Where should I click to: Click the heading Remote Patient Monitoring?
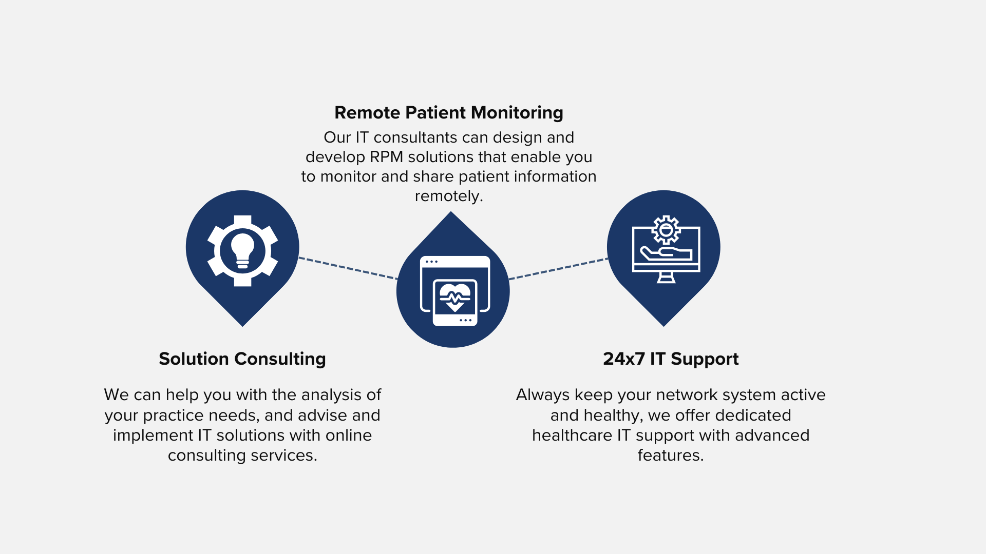(x=449, y=113)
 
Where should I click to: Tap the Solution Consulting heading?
(x=242, y=359)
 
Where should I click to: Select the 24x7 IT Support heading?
(x=671, y=359)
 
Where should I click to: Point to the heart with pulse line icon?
(x=455, y=296)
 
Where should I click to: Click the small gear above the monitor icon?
(x=666, y=230)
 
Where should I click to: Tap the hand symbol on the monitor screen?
(x=666, y=253)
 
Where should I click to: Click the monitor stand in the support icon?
(x=666, y=277)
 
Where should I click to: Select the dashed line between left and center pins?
(x=348, y=268)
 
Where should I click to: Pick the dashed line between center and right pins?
(x=558, y=269)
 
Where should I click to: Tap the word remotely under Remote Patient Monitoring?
(x=449, y=196)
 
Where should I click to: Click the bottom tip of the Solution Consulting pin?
(x=242, y=326)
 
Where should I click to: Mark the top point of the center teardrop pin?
(x=451, y=212)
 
